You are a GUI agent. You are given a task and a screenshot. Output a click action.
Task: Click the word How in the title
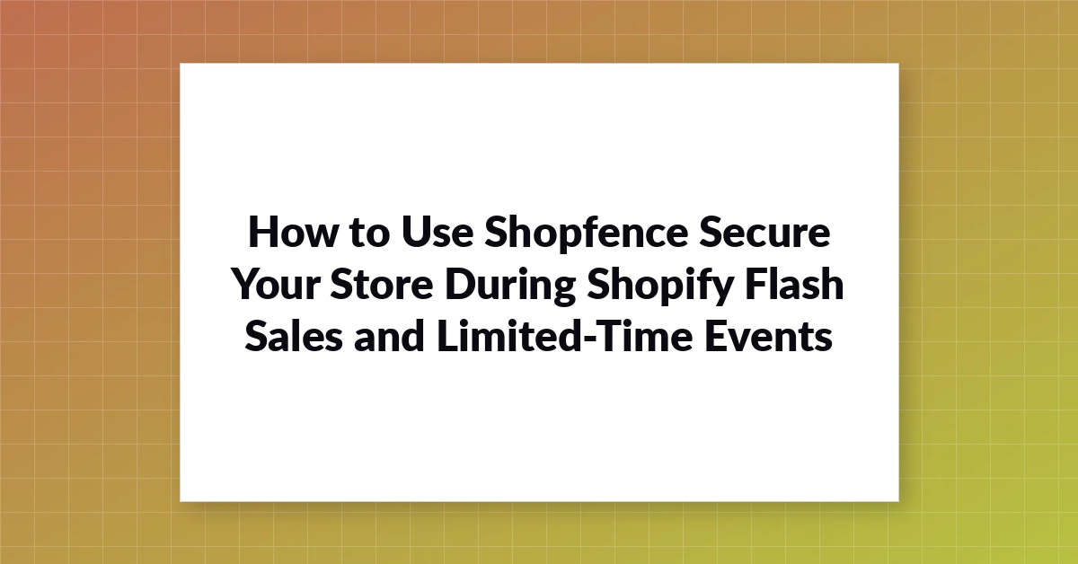pyautogui.click(x=292, y=233)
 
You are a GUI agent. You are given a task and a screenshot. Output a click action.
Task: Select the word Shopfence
pyautogui.click(x=586, y=234)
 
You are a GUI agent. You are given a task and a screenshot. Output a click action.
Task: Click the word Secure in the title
pyautogui.click(x=764, y=233)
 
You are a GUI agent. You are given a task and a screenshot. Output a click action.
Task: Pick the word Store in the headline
pyautogui.click(x=382, y=285)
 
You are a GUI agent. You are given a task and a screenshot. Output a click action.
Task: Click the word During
pyautogui.click(x=510, y=287)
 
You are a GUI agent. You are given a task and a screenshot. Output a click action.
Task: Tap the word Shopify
pyautogui.click(x=660, y=287)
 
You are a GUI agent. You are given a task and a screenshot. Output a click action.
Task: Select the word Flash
pyautogui.click(x=794, y=284)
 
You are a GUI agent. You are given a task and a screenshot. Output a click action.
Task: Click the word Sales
pyautogui.click(x=294, y=336)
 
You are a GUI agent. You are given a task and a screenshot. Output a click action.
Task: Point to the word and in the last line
pyautogui.click(x=389, y=336)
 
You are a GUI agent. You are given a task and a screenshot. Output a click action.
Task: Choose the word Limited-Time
pyautogui.click(x=564, y=336)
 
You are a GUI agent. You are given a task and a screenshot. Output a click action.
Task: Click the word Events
pyautogui.click(x=769, y=337)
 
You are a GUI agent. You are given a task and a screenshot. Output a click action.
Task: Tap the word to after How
pyautogui.click(x=369, y=234)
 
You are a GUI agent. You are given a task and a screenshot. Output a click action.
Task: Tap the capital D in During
pyautogui.click(x=460, y=285)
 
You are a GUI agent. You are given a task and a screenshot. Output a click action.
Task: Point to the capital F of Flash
pyautogui.click(x=756, y=285)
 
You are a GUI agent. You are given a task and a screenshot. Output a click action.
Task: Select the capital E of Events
pyautogui.click(x=716, y=337)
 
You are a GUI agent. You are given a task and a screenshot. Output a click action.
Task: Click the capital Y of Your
pyautogui.click(x=246, y=285)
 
